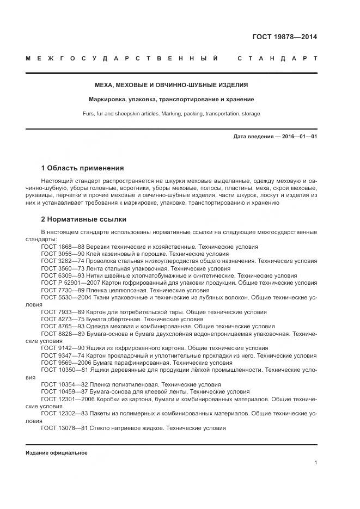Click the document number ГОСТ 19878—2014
[284, 38]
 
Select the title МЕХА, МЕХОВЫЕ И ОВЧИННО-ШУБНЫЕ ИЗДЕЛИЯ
[172, 85]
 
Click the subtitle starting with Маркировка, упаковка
[172, 100]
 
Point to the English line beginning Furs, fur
[172, 114]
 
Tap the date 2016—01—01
[299, 136]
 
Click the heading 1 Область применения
[82, 168]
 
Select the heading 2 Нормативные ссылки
[84, 219]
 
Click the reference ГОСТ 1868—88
[60, 247]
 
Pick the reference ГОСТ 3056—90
[60, 254]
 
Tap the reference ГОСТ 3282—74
[60, 261]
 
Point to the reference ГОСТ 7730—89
[60, 291]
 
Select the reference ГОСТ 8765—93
[60, 326]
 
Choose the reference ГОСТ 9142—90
[60, 348]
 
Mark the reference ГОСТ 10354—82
[62, 384]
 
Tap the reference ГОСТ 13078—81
[62, 428]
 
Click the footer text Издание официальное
[57, 452]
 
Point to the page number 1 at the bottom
[316, 463]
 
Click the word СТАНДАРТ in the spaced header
[278, 58]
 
